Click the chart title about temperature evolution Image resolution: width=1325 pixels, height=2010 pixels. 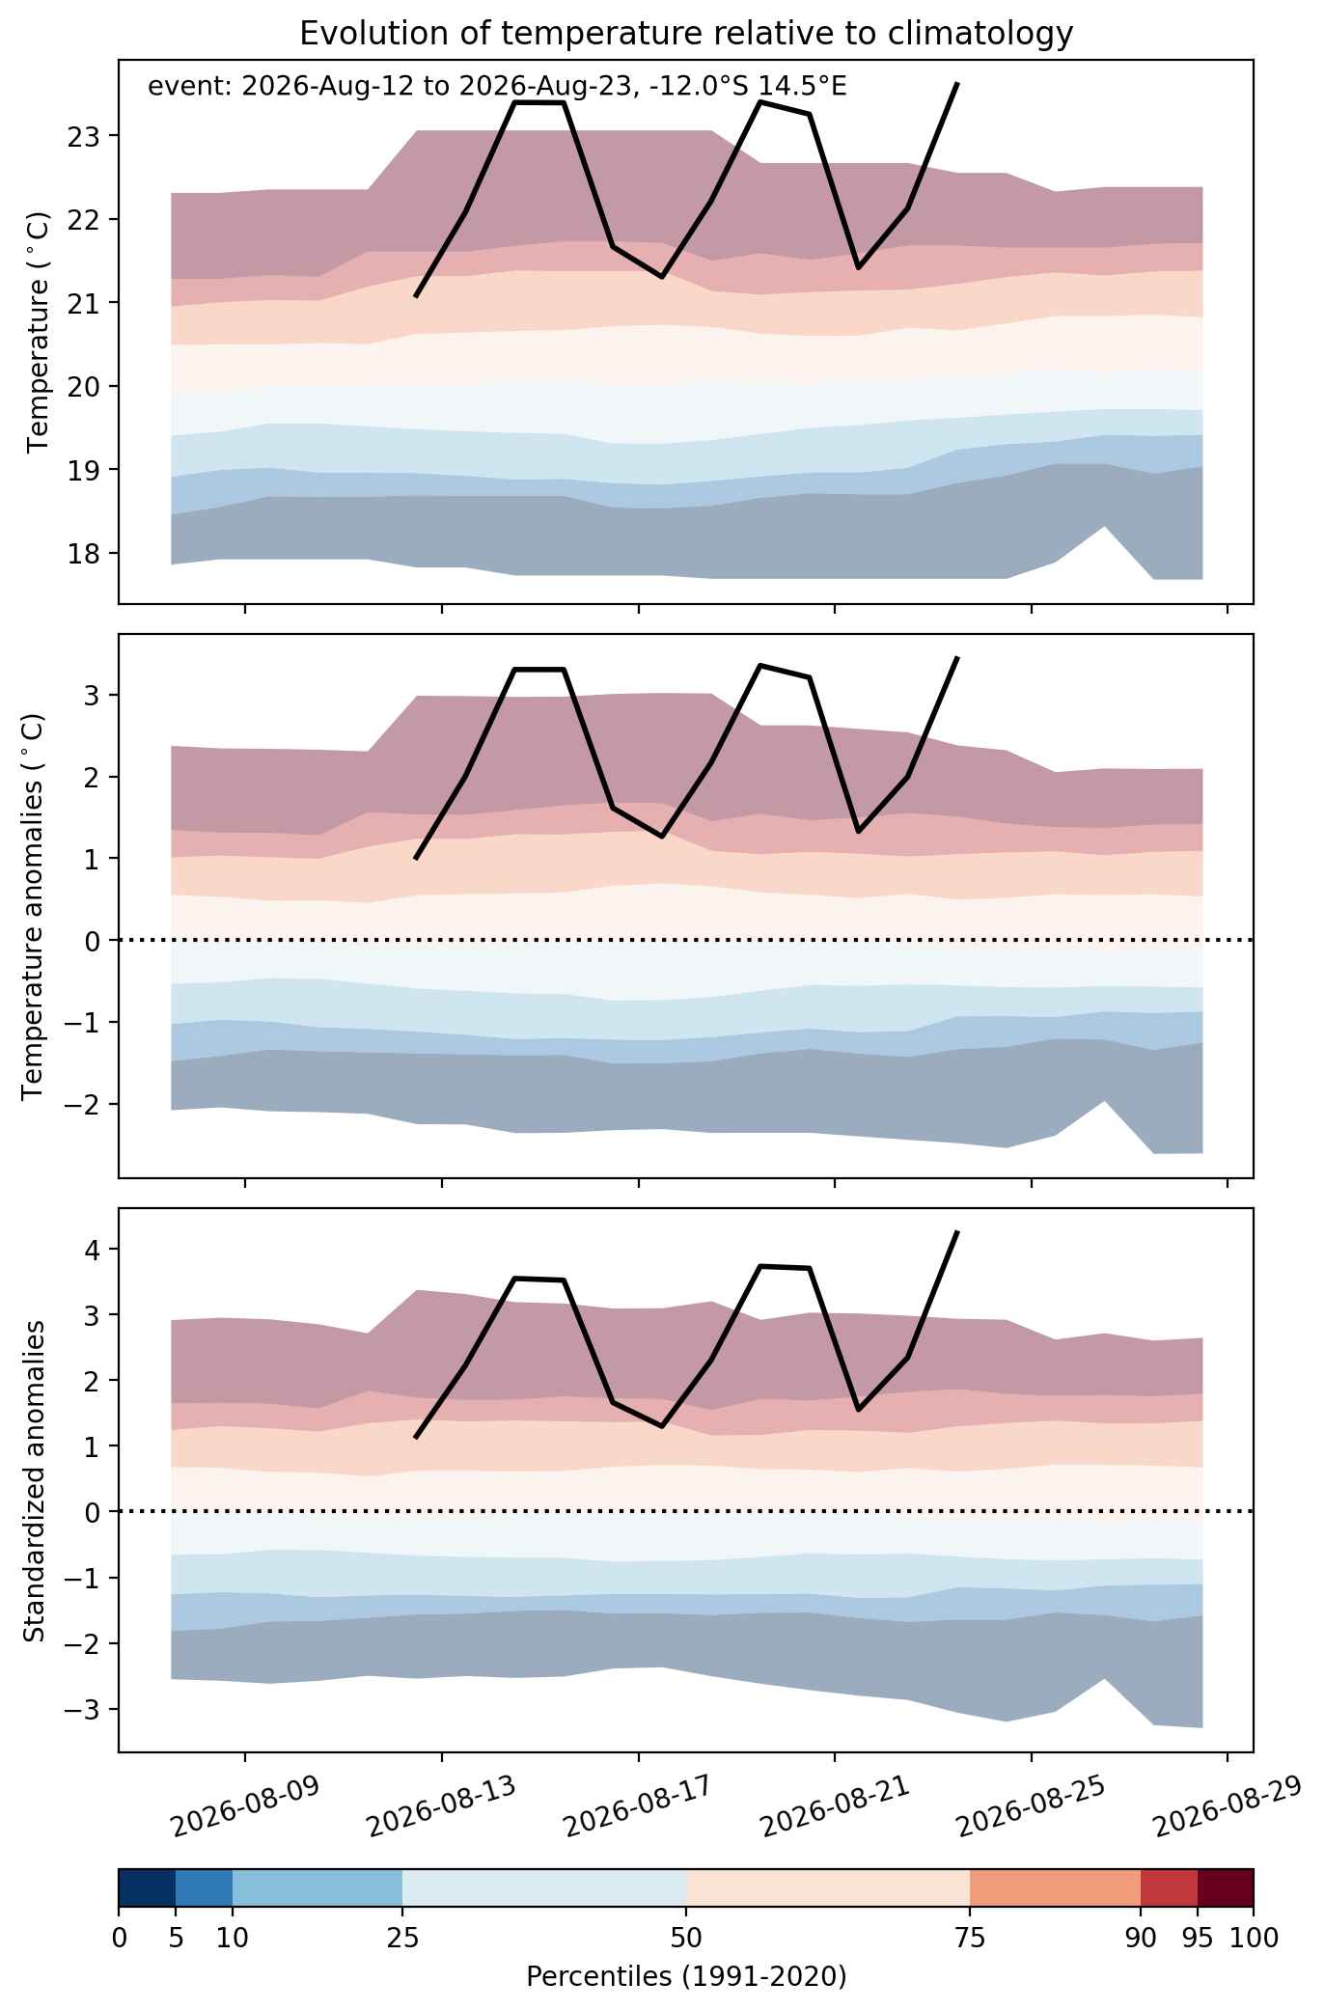tap(686, 34)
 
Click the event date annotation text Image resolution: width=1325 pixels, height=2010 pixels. tap(497, 87)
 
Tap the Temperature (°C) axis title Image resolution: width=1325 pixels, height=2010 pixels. tap(39, 332)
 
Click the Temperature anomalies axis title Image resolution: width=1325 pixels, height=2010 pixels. tap(33, 906)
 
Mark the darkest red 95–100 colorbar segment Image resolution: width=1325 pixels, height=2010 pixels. tap(1226, 1888)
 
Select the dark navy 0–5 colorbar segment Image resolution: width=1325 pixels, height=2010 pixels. tap(147, 1888)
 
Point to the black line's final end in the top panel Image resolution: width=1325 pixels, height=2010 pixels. tap(956, 84)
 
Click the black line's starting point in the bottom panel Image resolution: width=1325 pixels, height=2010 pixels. tap(415, 1438)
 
